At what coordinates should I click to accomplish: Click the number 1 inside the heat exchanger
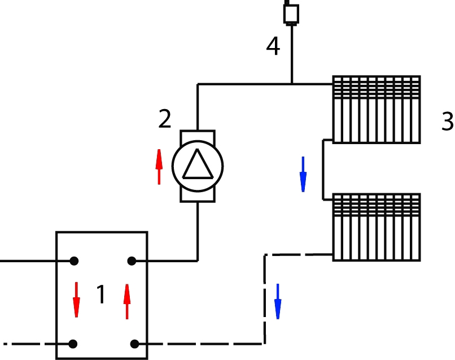point(101,294)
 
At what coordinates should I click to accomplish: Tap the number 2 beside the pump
point(164,119)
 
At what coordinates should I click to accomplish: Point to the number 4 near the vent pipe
point(273,47)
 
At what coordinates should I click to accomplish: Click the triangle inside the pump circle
point(198,165)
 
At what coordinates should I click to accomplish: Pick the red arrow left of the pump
point(159,166)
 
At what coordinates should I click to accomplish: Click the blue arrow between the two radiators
point(303,174)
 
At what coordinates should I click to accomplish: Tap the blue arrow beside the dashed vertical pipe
point(278,301)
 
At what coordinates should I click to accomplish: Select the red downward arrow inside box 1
point(76,300)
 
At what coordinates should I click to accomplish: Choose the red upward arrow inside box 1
point(127,301)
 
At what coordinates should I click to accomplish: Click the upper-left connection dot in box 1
point(73,261)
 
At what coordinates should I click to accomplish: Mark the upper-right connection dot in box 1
point(132,261)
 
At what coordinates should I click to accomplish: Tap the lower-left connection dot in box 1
point(73,344)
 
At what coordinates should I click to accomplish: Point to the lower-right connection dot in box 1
point(134,344)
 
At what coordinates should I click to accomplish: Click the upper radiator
point(377,109)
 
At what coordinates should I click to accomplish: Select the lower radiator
point(377,227)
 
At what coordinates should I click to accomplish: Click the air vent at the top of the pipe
point(291,13)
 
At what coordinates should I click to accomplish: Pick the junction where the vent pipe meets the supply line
point(291,84)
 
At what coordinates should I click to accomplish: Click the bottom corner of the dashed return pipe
point(264,342)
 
